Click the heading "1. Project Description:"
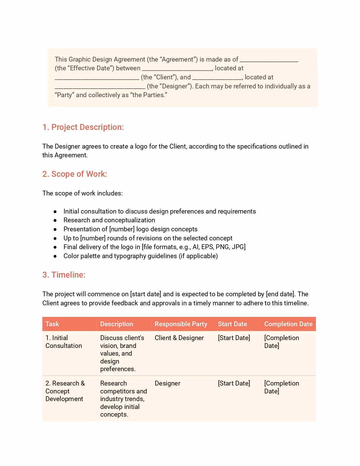(83, 127)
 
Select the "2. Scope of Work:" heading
(75, 174)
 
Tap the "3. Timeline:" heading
(64, 275)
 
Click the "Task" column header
(52, 324)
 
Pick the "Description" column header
(117, 324)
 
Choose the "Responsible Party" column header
(181, 324)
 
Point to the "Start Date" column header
(232, 324)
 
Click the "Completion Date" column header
(288, 324)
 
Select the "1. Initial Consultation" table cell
(64, 342)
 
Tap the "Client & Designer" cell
(179, 338)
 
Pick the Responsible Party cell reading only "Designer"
(167, 383)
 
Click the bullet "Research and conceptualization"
(109, 220)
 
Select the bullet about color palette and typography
(141, 256)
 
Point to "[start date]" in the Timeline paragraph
(146, 294)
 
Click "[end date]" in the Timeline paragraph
(281, 294)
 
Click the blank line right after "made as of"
(269, 60)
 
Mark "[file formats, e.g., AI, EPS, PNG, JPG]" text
(194, 247)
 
